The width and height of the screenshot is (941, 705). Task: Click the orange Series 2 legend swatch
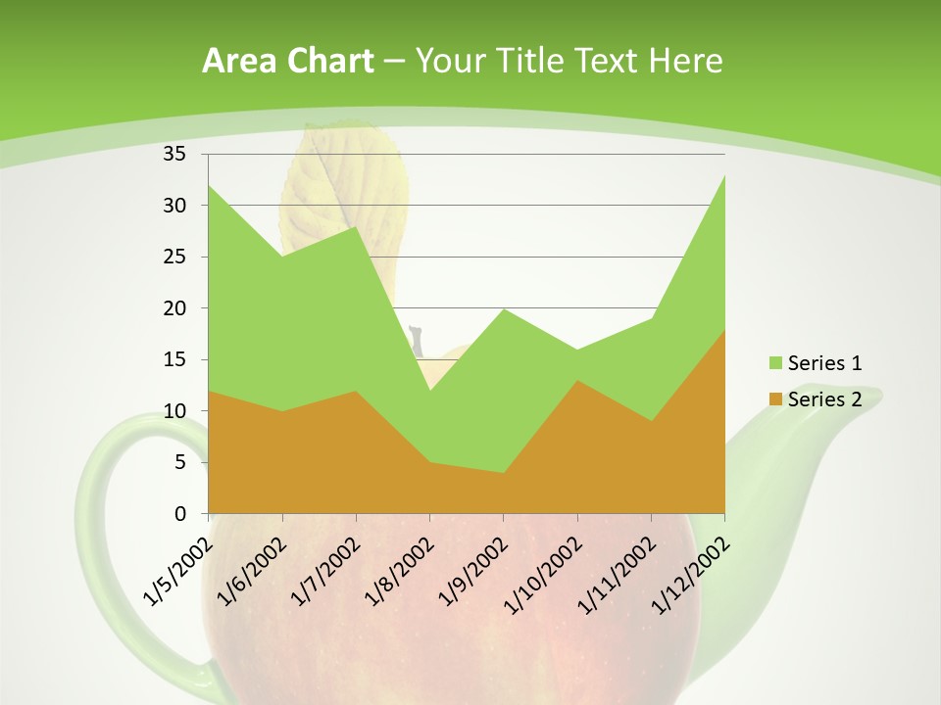[x=776, y=399]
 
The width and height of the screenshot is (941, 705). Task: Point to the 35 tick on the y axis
[x=174, y=154]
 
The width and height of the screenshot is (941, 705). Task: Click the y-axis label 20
[x=174, y=308]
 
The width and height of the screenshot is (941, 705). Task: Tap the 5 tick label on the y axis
[x=180, y=462]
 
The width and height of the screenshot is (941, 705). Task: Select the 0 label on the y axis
[x=180, y=513]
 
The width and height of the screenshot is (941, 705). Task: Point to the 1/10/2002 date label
[x=542, y=576]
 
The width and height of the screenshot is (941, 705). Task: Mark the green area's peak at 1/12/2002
[x=723, y=177]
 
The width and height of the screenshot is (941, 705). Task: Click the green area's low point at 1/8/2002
[x=429, y=392]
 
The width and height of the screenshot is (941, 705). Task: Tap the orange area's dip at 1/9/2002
[x=503, y=474]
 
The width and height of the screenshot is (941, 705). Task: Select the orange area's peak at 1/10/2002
[x=576, y=382]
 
